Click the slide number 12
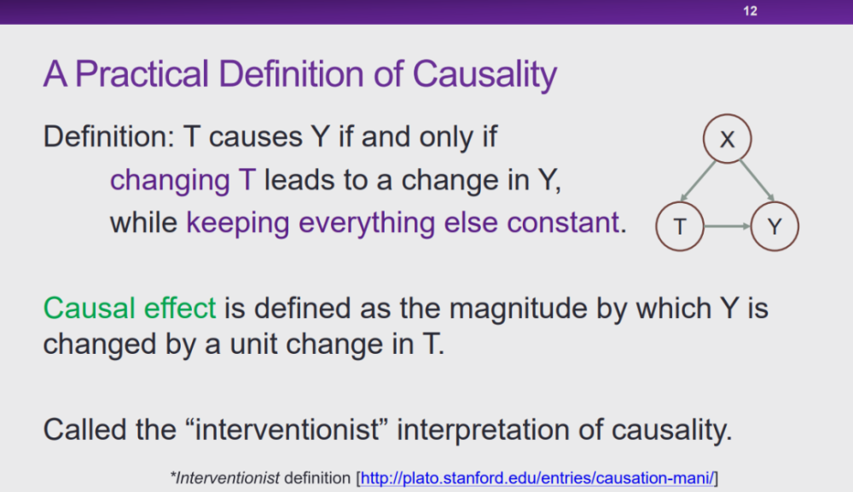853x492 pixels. click(750, 11)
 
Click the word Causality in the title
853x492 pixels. click(485, 74)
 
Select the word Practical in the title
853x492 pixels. click(142, 74)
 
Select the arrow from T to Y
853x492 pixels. click(728, 226)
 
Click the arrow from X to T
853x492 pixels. click(698, 181)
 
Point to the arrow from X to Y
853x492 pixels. click(757, 181)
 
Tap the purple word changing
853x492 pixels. click(170, 181)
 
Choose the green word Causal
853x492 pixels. click(89, 309)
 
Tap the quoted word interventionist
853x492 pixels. click(287, 430)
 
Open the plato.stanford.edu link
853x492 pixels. click(537, 478)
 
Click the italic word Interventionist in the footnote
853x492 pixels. click(227, 478)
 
